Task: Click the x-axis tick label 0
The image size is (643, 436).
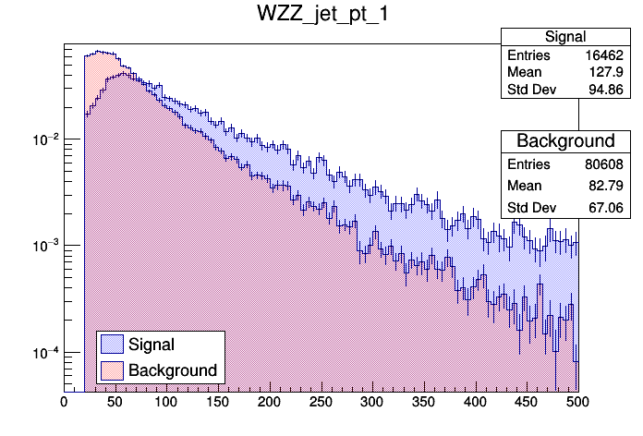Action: [x=64, y=403]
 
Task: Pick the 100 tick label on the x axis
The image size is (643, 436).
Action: [x=166, y=403]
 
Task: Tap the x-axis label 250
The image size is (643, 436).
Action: [x=321, y=403]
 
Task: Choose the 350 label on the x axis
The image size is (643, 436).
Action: [x=423, y=403]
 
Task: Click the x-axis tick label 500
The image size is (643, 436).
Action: [x=576, y=403]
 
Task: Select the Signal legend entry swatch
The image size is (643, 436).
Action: [x=112, y=345]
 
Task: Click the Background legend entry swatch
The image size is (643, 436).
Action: [x=112, y=370]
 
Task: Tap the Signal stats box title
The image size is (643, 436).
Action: [x=565, y=37]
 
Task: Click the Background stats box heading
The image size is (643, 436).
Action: [x=565, y=141]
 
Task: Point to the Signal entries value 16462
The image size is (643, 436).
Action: [x=606, y=55]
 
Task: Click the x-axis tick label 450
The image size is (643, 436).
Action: [x=526, y=403]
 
